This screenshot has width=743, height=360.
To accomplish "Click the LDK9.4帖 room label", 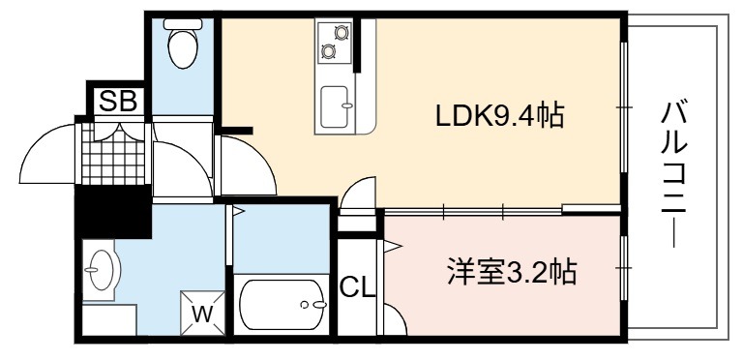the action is [499, 115].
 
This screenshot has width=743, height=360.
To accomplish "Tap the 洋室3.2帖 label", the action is [512, 272].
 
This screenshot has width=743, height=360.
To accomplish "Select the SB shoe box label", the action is [118, 101].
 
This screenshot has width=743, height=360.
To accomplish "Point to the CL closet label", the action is [357, 286].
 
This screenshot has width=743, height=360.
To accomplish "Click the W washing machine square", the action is [203, 313].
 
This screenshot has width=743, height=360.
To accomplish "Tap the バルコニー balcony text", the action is [673, 173].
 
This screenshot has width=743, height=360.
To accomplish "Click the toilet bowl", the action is [183, 48].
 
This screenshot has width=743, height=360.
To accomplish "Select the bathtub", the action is [282, 305].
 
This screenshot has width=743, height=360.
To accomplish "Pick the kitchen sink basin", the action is [334, 106].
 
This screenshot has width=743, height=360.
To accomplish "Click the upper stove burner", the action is [342, 32].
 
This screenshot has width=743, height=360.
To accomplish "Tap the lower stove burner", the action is [328, 50].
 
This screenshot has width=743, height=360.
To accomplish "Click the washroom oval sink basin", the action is [102, 270].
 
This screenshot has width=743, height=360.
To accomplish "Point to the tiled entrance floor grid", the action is [113, 154].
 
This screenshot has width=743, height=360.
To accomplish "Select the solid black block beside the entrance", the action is [113, 211].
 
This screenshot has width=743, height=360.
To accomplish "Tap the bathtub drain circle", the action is [303, 305].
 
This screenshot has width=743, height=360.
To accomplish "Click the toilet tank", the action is [183, 23].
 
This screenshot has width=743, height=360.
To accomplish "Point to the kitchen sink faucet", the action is [348, 105].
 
